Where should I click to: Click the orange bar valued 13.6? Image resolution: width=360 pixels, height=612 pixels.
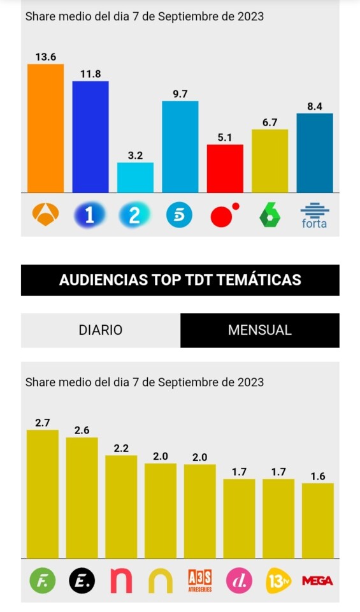point(46,128)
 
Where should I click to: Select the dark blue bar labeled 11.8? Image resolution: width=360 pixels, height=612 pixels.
point(90,136)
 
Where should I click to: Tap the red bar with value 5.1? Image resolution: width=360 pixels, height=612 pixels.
point(225,168)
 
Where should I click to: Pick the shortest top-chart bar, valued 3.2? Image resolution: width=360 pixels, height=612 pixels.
point(135,178)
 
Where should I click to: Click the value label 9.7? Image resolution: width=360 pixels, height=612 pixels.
point(180,94)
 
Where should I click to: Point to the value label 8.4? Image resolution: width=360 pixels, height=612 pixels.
point(315,106)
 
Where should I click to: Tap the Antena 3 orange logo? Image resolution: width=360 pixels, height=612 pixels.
point(46,215)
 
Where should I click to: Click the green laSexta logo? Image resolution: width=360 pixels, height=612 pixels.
point(270,215)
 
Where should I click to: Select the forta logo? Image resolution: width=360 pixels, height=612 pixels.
point(314,215)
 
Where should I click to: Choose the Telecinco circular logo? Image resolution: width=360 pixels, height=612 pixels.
point(180,215)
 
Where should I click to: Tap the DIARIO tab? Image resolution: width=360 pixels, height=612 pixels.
point(101,330)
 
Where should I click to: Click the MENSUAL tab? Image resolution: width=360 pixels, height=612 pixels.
point(260,330)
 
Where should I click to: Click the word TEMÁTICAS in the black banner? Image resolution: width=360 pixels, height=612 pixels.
point(259,280)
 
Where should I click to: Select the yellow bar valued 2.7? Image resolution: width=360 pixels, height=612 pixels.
point(43,494)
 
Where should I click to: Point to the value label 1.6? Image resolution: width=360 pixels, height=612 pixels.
point(318,477)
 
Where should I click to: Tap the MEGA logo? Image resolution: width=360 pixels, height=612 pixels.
point(317,581)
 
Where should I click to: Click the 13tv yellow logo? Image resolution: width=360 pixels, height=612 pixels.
point(278,581)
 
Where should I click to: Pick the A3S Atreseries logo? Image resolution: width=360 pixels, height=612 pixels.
point(199,581)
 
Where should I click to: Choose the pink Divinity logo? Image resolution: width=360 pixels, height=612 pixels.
point(239,581)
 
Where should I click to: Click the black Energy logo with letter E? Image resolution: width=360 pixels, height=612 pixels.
point(82,581)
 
